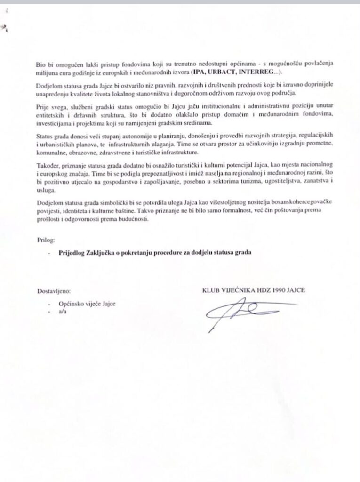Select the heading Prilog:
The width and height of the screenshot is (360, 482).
click(46, 240)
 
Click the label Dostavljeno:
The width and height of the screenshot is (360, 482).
click(55, 291)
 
